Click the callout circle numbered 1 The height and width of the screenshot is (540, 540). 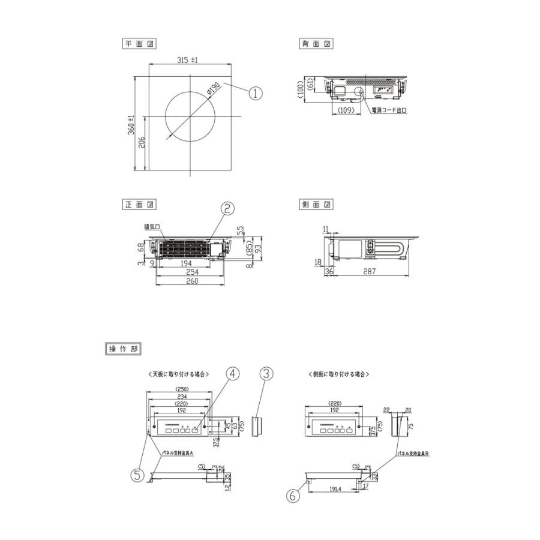click(x=256, y=93)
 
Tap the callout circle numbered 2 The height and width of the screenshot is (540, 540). click(x=227, y=209)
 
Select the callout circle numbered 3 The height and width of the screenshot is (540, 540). click(x=266, y=373)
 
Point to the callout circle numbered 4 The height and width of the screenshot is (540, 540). click(x=233, y=373)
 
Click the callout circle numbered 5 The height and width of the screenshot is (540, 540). click(x=137, y=475)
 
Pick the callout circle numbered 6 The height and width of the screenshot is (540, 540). click(x=293, y=496)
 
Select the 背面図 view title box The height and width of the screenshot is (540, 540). click(x=316, y=44)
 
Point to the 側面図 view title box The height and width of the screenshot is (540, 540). click(x=316, y=204)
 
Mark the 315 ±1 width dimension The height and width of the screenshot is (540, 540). click(x=188, y=60)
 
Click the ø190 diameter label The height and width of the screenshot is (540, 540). click(x=214, y=89)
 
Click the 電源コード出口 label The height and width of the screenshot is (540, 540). click(x=389, y=111)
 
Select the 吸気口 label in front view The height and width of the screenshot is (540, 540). click(x=151, y=227)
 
